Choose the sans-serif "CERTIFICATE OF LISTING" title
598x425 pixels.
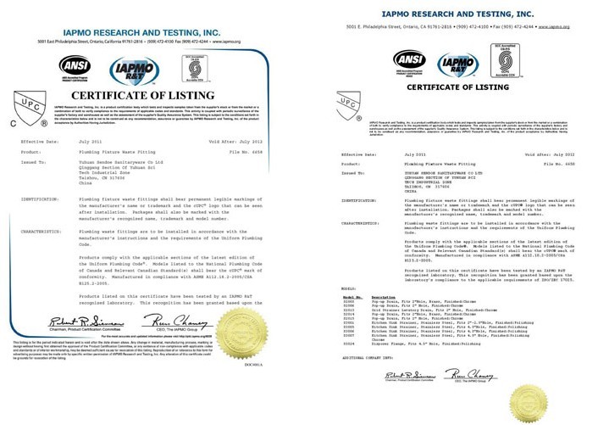pos(450,87)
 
